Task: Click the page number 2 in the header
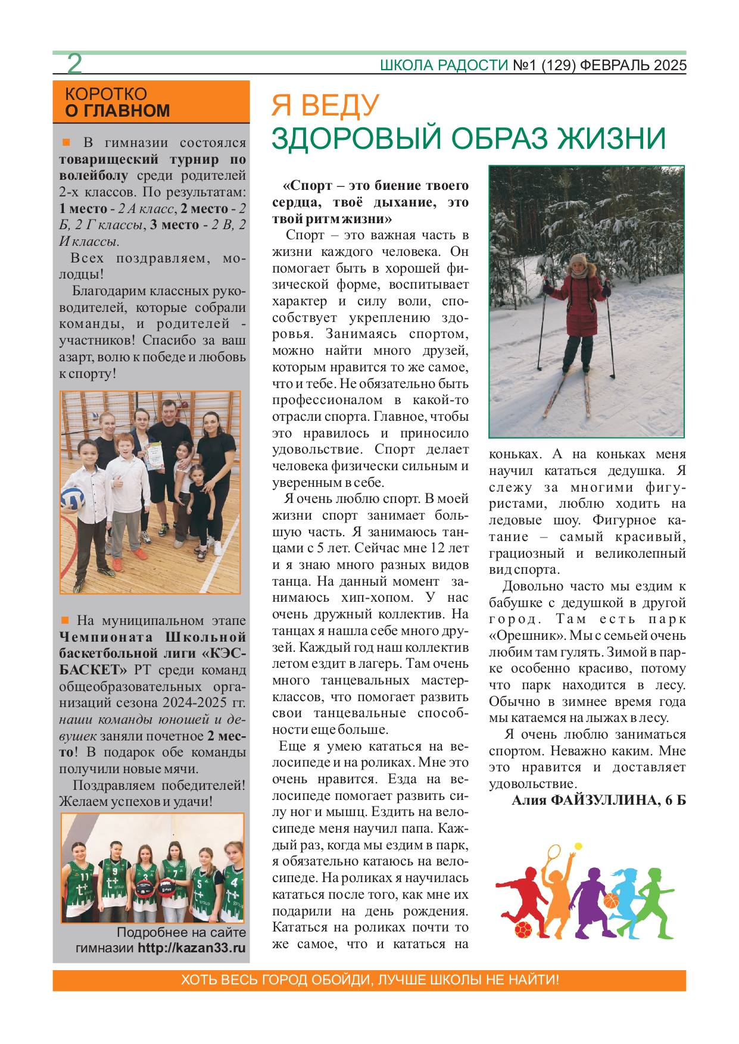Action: [x=74, y=64]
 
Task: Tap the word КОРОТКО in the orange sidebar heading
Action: [x=106, y=94]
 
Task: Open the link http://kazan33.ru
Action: [x=192, y=948]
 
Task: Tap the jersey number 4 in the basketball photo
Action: [x=235, y=883]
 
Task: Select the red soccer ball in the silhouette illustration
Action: [x=523, y=929]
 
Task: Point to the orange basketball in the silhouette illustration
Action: [x=611, y=901]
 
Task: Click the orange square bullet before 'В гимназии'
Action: [x=66, y=143]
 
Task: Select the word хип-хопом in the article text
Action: [x=377, y=598]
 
